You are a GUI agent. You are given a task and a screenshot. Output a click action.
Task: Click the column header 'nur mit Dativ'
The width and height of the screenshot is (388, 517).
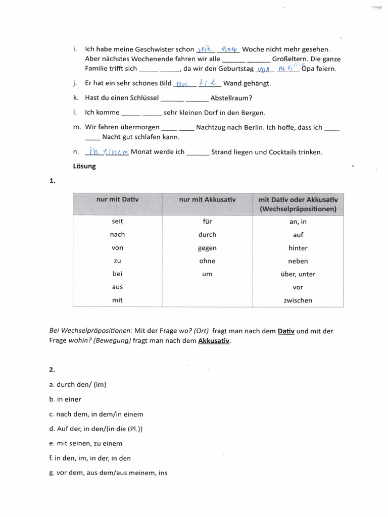(117, 200)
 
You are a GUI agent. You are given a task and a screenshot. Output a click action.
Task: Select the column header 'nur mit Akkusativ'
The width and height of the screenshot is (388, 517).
(207, 200)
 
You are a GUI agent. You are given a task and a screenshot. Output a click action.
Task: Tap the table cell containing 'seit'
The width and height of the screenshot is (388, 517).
(117, 221)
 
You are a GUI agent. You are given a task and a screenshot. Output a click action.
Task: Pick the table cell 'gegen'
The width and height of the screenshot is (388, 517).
(207, 248)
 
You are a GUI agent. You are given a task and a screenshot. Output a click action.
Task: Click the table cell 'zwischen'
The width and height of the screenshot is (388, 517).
(298, 300)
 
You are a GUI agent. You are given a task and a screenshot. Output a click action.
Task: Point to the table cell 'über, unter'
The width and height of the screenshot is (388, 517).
(298, 274)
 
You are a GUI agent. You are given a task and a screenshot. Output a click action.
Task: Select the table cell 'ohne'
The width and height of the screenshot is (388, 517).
(207, 261)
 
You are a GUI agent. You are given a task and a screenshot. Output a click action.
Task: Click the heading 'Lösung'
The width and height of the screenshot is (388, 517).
(85, 166)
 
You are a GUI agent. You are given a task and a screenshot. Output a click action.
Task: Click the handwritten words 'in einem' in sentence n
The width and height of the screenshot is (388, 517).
(108, 151)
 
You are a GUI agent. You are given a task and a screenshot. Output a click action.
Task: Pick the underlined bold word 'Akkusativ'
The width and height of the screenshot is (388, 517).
(214, 341)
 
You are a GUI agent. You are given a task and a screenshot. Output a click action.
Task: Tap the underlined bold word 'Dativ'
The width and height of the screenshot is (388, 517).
(286, 331)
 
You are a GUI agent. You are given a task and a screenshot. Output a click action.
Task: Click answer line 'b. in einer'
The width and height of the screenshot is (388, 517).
(65, 399)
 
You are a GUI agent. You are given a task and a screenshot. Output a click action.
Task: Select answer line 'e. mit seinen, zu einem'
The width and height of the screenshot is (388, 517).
(85, 443)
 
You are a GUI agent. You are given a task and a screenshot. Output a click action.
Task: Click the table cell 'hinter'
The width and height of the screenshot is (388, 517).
(298, 248)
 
